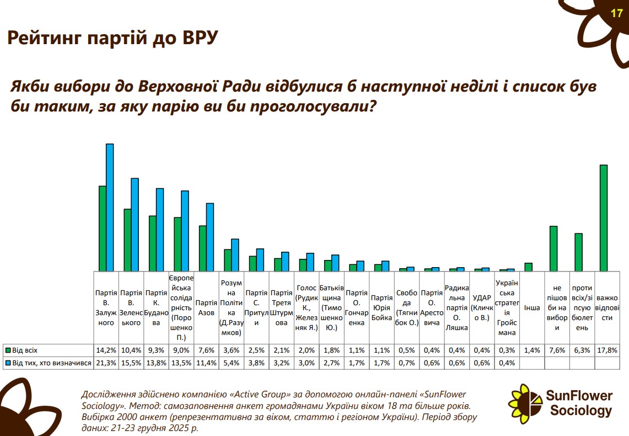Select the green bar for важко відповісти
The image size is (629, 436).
(x=604, y=218)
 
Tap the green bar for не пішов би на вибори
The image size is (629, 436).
(x=553, y=248)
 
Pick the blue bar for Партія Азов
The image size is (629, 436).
(x=209, y=237)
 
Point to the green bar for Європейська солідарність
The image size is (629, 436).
(x=178, y=244)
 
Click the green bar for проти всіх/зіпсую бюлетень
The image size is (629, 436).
(x=579, y=252)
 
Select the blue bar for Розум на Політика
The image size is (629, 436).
(x=235, y=255)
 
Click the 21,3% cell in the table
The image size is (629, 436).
(x=106, y=363)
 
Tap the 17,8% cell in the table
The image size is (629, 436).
(x=606, y=350)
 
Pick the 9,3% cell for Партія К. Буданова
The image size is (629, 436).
(x=157, y=350)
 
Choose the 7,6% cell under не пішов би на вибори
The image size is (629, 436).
(x=556, y=350)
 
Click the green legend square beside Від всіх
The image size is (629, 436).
(x=8, y=350)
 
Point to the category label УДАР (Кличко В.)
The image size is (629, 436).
(x=482, y=307)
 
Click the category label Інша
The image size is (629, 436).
(x=532, y=307)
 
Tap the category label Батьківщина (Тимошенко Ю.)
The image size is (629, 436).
(x=332, y=307)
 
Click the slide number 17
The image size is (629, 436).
(x=616, y=13)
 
